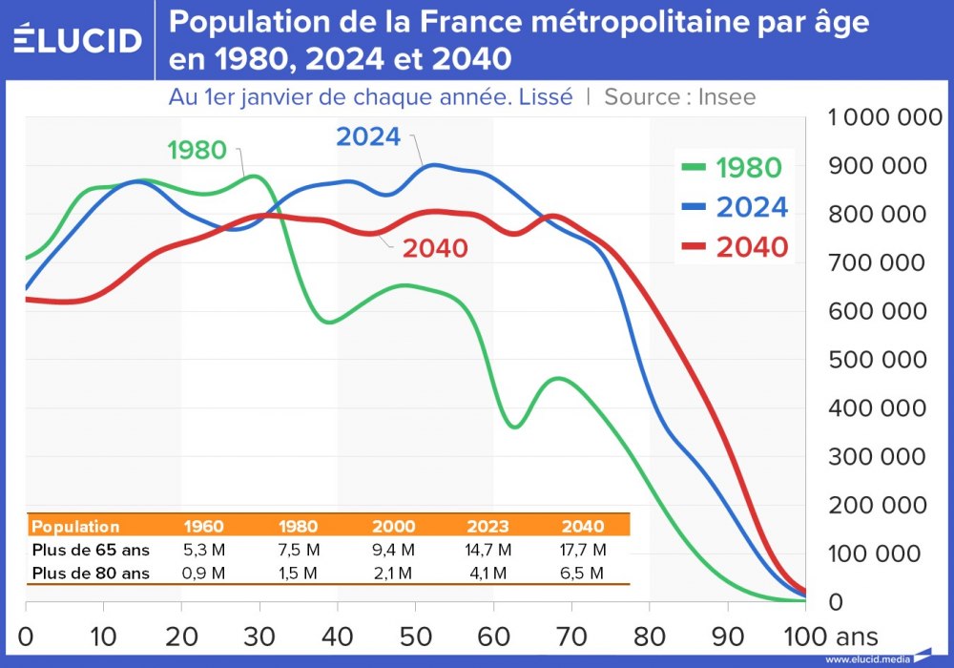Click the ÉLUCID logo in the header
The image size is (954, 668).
pos(78,40)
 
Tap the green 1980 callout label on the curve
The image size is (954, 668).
pos(196,151)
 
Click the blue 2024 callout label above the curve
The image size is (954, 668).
pos(368,136)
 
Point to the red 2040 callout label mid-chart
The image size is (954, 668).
pos(435,249)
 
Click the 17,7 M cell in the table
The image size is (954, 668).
pos(583,550)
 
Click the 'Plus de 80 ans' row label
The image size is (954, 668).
pos(91,573)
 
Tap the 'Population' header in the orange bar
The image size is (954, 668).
pos(76,527)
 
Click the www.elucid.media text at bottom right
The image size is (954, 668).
pos(866,659)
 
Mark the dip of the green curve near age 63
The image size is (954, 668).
pos(514,427)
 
